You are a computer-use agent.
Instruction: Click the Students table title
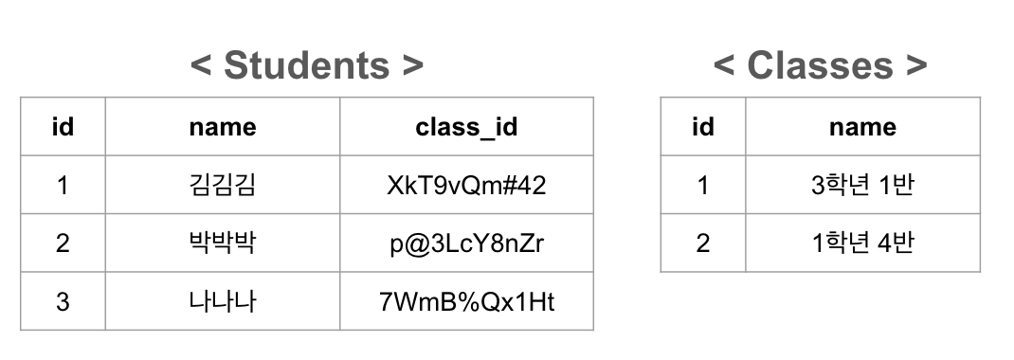(x=306, y=65)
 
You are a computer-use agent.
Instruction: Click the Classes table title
(x=820, y=65)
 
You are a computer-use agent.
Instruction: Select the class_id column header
(x=466, y=127)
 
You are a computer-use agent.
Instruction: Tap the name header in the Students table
(x=223, y=127)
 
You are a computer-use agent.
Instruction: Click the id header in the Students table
(x=63, y=127)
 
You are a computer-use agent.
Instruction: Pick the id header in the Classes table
(x=702, y=127)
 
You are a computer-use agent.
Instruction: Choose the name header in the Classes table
(x=862, y=127)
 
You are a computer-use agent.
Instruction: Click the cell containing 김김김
(x=223, y=185)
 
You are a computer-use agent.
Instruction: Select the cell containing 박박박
(x=223, y=243)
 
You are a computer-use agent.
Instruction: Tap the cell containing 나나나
(x=223, y=301)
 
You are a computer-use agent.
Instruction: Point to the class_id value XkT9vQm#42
(x=466, y=185)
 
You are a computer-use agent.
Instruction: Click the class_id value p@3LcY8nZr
(x=466, y=243)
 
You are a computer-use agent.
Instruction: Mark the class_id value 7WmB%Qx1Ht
(x=466, y=301)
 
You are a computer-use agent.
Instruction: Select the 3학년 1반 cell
(x=862, y=185)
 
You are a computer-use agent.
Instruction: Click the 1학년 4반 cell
(x=862, y=243)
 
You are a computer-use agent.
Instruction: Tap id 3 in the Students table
(x=63, y=301)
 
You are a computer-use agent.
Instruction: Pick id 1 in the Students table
(x=63, y=185)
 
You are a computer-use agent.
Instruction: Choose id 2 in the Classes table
(x=702, y=243)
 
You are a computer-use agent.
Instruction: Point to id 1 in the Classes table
(x=702, y=185)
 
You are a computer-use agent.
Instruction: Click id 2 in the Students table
(x=63, y=243)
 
